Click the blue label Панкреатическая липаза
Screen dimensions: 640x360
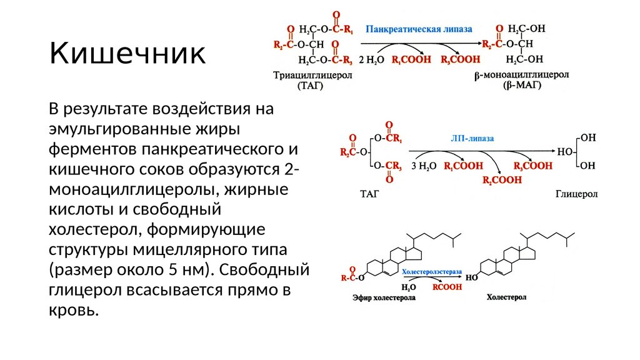tap(419, 29)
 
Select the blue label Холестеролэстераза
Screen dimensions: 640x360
tap(431, 272)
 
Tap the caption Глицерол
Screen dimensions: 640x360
tap(576, 194)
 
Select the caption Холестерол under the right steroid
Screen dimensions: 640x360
tap(507, 298)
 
